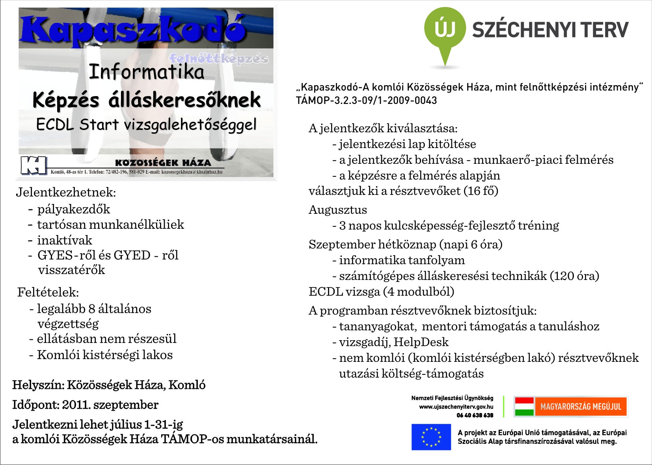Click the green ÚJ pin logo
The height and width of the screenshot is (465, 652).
(445, 30)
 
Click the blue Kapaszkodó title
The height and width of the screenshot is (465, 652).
(134, 30)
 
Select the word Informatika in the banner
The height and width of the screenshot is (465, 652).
(147, 72)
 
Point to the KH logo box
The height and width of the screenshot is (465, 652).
(34, 165)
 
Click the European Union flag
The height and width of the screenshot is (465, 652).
(431, 437)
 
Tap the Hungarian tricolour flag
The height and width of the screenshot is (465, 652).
(524, 406)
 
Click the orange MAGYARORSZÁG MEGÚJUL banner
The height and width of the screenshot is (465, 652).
(580, 406)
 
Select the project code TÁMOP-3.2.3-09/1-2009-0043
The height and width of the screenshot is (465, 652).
(367, 100)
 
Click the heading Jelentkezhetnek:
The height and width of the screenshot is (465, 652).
(66, 192)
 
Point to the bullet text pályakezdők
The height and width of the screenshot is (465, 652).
(74, 209)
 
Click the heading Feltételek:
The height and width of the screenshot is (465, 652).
(48, 292)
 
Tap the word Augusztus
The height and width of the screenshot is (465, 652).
(338, 209)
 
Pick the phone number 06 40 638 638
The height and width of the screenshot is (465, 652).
(475, 415)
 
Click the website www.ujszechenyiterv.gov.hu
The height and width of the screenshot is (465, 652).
(456, 407)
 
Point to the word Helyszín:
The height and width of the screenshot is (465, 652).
(38, 385)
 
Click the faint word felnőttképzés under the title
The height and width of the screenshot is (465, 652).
(219, 59)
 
